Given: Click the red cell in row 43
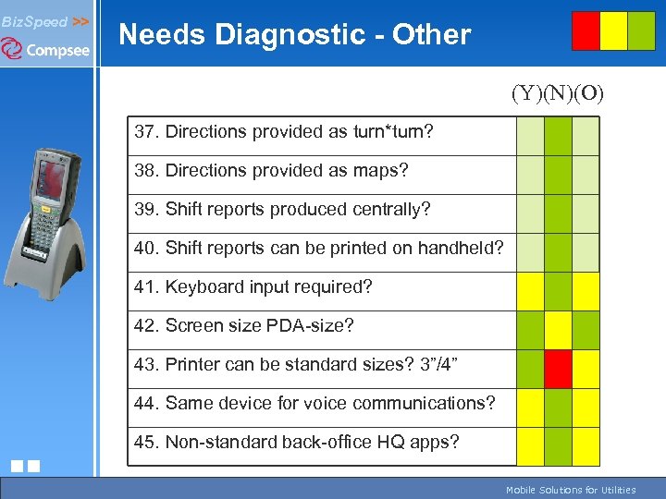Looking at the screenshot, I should point(558,369).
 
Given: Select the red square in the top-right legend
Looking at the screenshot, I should point(586,30).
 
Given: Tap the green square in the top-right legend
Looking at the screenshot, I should point(641,30).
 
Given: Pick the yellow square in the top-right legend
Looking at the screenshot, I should point(613,30).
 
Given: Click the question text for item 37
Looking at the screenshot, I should point(283,132).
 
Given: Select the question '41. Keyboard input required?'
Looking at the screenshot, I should point(253,287).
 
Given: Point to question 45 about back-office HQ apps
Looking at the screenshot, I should point(296,443).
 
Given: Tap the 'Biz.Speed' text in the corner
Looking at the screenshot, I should point(35,21).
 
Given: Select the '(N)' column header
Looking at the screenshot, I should point(557,93).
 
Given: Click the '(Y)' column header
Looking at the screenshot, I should point(526,93).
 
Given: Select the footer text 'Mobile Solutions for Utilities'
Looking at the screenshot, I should point(570,490).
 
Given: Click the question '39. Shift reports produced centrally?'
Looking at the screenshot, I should point(282,210).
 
